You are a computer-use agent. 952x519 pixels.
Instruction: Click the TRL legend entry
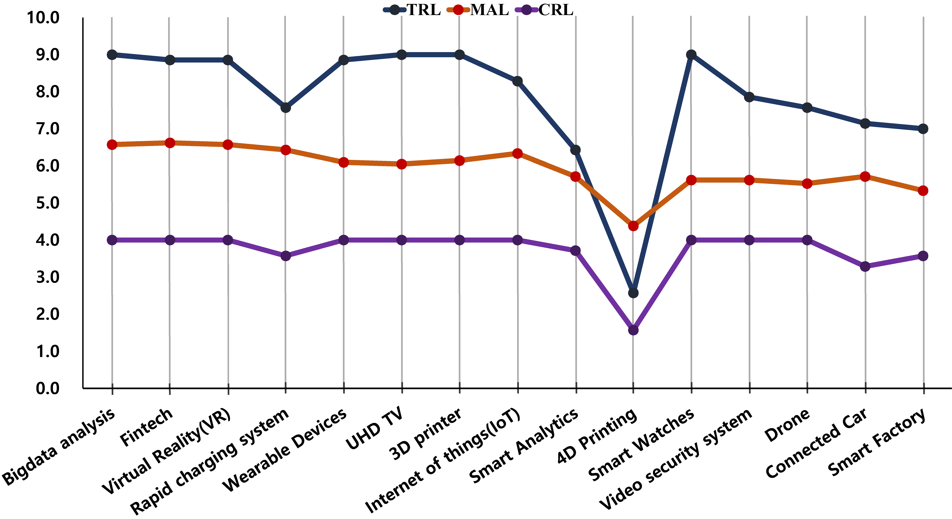pos(412,10)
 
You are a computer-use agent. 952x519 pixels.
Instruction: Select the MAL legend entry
pos(478,10)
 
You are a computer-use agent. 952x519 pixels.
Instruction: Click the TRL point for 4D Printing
pos(633,293)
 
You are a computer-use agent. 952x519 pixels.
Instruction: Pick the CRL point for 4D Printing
pos(633,330)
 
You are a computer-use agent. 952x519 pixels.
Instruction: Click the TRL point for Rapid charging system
pos(285,108)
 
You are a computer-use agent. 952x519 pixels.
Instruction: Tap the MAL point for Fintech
pos(170,143)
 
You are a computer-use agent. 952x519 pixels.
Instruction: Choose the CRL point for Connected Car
pos(865,266)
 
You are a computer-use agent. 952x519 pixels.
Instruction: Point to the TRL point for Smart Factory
pos(923,129)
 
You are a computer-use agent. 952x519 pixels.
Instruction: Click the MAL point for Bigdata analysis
pos(112,144)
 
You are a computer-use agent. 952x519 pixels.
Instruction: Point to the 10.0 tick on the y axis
pos(43,18)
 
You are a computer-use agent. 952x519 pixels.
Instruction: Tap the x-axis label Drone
pos(787,426)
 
